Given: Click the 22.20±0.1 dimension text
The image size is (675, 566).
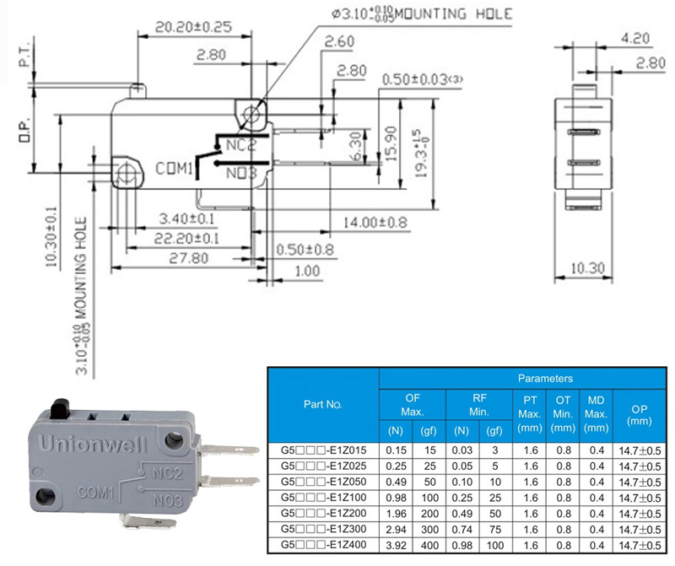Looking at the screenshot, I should point(186,239).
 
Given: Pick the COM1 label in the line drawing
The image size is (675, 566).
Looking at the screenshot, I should point(175,168).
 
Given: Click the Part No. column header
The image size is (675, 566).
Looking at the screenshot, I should point(322,404).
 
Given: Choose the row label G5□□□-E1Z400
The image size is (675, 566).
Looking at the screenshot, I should point(323,546).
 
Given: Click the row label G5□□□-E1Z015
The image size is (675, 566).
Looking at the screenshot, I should point(323,450).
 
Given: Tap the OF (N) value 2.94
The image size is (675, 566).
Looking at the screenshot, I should point(395,530).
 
